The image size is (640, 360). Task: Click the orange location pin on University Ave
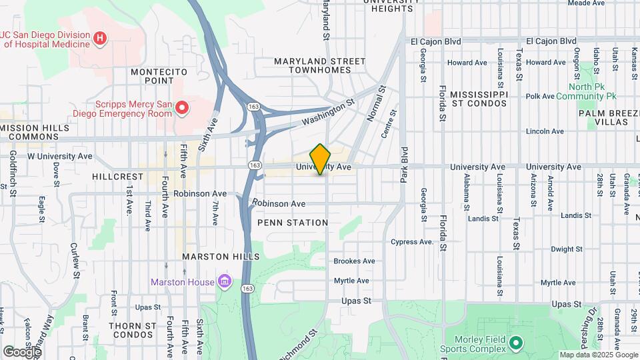tap(321, 159)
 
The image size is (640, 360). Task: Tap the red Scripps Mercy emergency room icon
tap(181, 107)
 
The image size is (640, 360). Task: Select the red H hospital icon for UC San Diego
tap(99, 39)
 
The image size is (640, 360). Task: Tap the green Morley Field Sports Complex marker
tap(515, 344)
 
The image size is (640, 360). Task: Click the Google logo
tap(22, 352)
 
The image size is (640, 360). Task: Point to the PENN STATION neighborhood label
tap(293, 223)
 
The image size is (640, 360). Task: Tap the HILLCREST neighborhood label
tap(118, 177)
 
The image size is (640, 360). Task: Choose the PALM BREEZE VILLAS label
tap(603, 117)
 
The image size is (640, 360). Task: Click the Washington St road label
tap(327, 113)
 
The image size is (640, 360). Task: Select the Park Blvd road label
tap(404, 163)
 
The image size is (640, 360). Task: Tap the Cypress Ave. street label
tap(412, 242)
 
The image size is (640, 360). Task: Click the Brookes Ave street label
tap(354, 261)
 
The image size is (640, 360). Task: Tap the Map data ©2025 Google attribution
tap(598, 355)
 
